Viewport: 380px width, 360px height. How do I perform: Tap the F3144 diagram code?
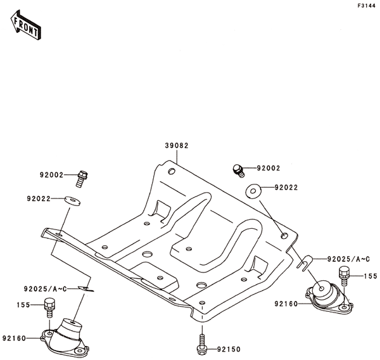point(367,6)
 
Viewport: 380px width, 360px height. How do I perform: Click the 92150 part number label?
point(228,349)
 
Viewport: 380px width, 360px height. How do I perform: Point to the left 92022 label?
point(39,198)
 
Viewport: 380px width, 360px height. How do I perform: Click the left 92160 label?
point(13,338)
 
